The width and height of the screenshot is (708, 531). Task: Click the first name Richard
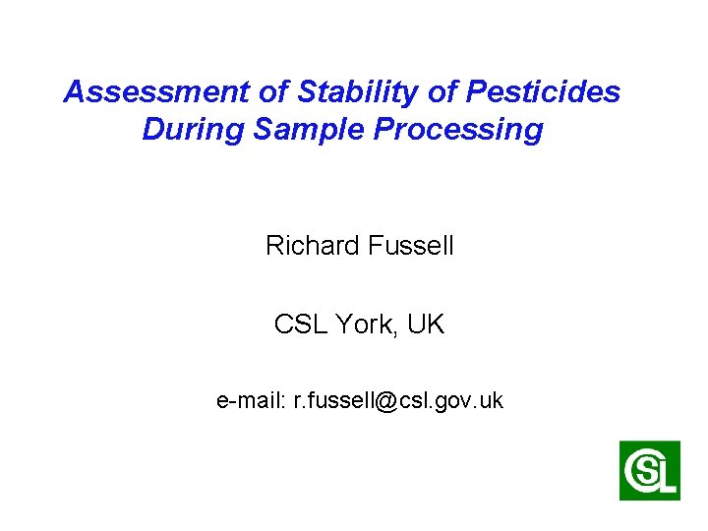pyautogui.click(x=311, y=246)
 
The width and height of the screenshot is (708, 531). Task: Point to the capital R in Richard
pyautogui.click(x=274, y=246)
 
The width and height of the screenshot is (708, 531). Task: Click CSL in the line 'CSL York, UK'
pyautogui.click(x=297, y=324)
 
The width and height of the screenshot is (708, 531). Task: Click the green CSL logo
pyautogui.click(x=649, y=470)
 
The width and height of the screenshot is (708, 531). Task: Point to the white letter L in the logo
pyautogui.click(x=668, y=477)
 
